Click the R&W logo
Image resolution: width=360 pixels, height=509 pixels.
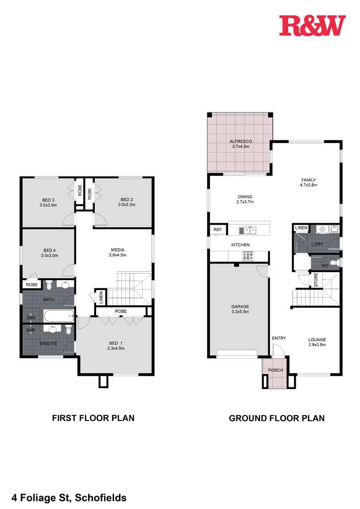click(x=312, y=25)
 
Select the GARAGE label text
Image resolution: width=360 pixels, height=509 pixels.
click(x=240, y=306)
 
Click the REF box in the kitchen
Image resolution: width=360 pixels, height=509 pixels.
click(x=217, y=230)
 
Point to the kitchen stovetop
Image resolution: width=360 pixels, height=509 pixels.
click(x=247, y=256)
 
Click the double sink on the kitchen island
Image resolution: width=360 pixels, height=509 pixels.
click(x=247, y=230)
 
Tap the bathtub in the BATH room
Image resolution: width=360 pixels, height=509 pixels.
click(x=58, y=316)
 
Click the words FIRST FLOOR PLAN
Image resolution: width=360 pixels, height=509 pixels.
click(x=93, y=417)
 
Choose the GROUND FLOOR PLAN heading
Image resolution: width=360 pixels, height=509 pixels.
click(x=277, y=418)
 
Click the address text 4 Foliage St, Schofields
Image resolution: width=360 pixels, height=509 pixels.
click(x=63, y=498)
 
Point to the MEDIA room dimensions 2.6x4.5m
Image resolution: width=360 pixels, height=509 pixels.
click(x=118, y=254)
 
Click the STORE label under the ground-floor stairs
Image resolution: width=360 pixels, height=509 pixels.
click(x=316, y=281)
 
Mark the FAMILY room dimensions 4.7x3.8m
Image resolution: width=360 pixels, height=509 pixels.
click(x=308, y=185)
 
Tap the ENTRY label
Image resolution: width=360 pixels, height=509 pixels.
click(x=279, y=338)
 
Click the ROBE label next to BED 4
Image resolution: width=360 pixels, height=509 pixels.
click(x=31, y=285)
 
